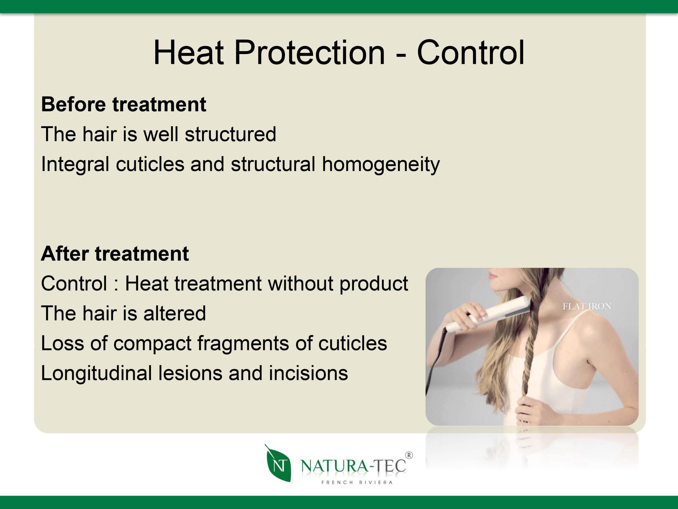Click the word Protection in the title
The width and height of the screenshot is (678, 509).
pyautogui.click(x=309, y=53)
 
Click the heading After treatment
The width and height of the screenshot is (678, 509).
pyautogui.click(x=115, y=254)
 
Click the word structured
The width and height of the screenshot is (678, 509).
pyautogui.click(x=230, y=134)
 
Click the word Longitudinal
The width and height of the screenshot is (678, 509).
pyautogui.click(x=96, y=373)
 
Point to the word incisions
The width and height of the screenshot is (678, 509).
pyautogui.click(x=308, y=373)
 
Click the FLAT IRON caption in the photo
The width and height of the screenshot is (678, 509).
pyautogui.click(x=587, y=306)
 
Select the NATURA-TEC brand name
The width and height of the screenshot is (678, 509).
pyautogui.click(x=354, y=466)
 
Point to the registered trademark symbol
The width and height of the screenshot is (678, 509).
pyautogui.click(x=409, y=455)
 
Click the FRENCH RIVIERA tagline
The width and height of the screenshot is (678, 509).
pyautogui.click(x=357, y=482)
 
